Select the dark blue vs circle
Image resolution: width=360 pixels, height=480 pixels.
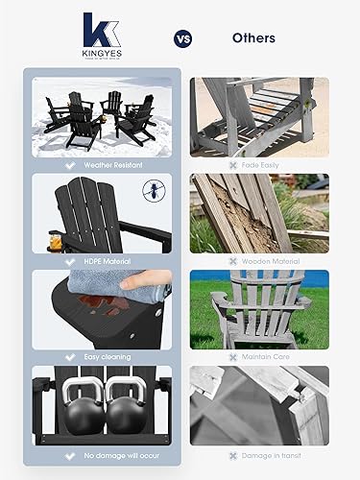181,39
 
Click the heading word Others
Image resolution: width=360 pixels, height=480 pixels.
253,39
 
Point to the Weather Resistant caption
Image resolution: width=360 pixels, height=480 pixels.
109,163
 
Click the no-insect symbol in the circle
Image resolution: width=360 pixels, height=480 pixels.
151,189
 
